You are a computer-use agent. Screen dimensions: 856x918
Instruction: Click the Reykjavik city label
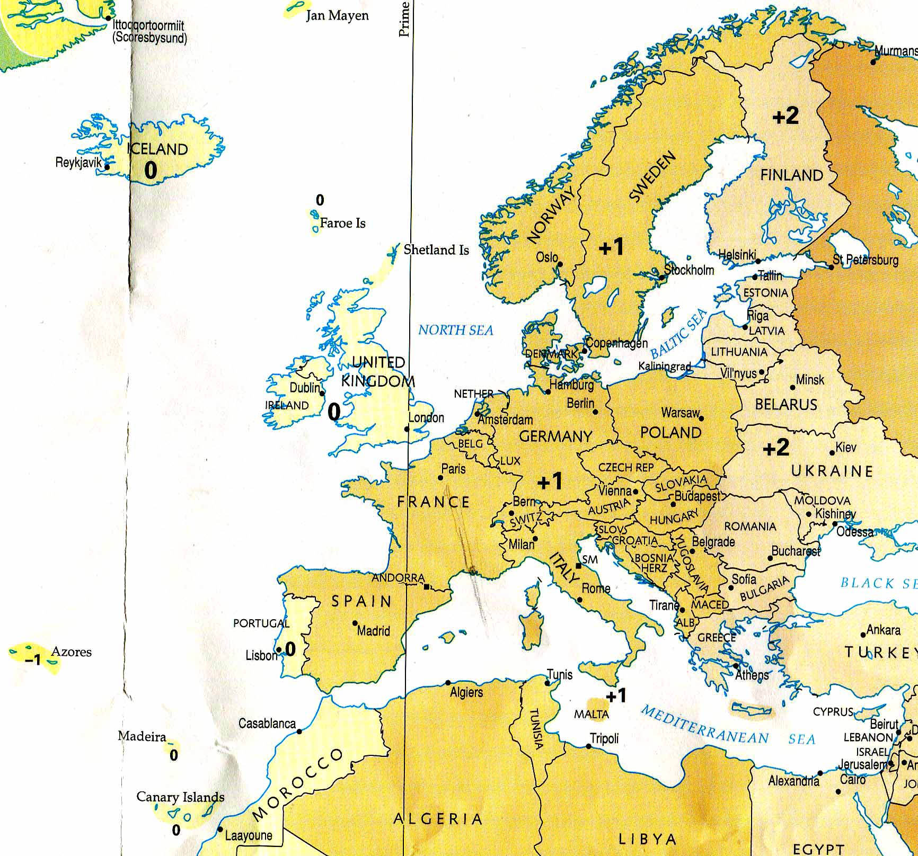point(78,163)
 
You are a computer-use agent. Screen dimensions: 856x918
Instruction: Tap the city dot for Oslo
point(560,265)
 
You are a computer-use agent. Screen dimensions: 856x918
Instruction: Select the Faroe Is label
point(342,224)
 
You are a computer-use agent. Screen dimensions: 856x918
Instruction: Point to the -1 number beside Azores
point(33,660)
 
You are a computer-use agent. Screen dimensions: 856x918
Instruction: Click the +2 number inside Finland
point(785,116)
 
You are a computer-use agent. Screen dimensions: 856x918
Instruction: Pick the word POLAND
point(670,433)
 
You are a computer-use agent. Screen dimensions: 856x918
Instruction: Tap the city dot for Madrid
point(355,623)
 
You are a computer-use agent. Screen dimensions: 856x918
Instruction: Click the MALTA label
point(592,715)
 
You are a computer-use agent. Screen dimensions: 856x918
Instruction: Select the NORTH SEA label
point(456,331)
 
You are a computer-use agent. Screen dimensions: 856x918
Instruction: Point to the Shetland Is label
point(436,250)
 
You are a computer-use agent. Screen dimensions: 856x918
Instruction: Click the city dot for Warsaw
point(701,418)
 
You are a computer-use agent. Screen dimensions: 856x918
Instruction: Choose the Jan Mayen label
point(337,15)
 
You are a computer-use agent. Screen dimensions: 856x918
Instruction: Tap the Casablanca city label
point(267,724)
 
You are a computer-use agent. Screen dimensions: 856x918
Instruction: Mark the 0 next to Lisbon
point(290,649)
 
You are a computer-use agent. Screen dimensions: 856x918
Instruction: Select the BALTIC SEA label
point(679,334)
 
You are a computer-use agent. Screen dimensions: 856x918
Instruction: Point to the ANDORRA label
point(398,578)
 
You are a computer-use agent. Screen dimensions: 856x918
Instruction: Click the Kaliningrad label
point(665,367)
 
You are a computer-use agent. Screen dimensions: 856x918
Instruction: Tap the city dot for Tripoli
point(589,746)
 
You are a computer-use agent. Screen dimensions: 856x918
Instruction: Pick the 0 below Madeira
point(174,755)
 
